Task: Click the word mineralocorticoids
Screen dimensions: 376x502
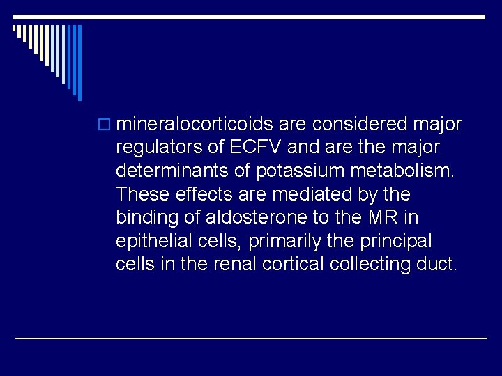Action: click(x=195, y=124)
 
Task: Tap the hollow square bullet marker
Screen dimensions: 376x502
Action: click(x=105, y=125)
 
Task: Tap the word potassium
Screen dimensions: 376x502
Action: click(x=292, y=171)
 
